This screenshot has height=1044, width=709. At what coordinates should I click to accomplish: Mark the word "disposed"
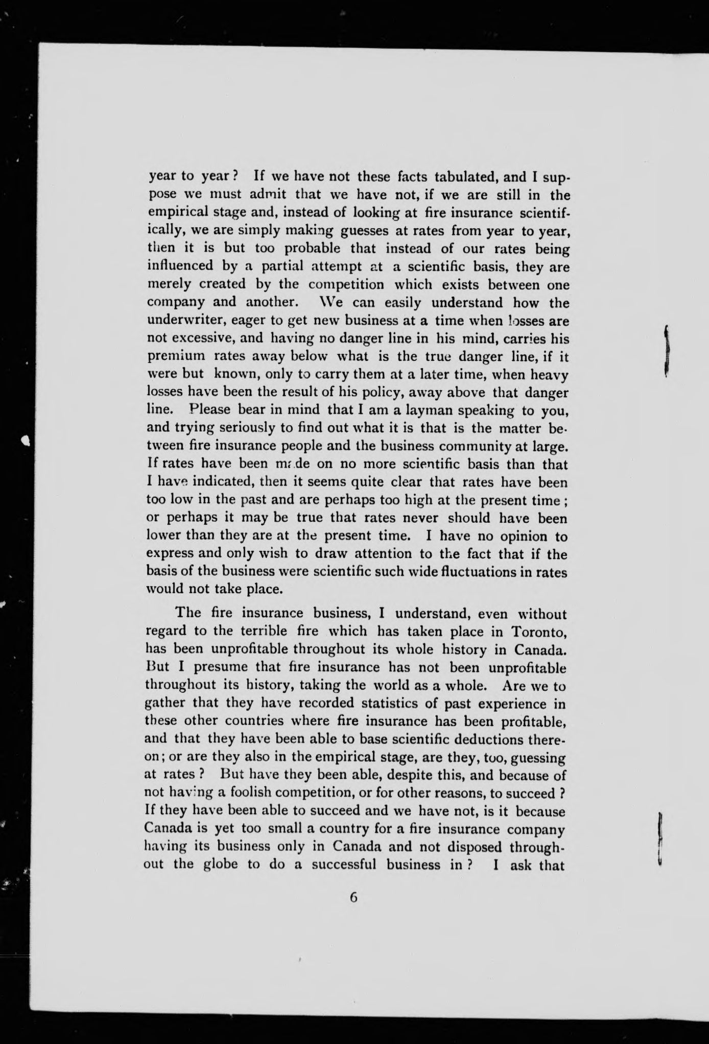(x=467, y=847)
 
